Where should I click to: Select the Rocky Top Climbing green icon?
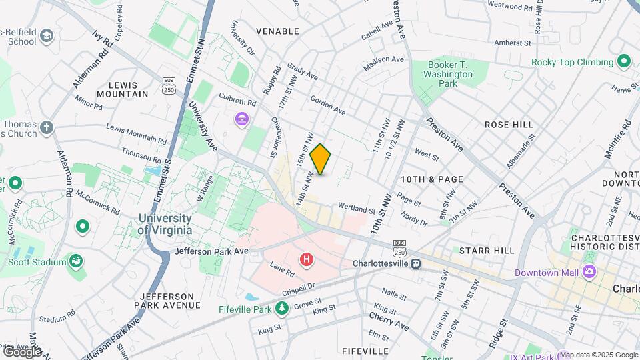pyautogui.click(x=624, y=62)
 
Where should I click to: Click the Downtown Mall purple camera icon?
pyautogui.click(x=589, y=271)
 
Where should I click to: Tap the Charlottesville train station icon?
pyautogui.click(x=415, y=263)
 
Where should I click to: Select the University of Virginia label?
pyautogui.click(x=165, y=224)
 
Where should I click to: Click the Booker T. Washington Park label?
pyautogui.click(x=448, y=75)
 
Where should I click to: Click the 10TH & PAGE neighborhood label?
pyautogui.click(x=431, y=179)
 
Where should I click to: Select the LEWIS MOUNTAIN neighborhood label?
pyautogui.click(x=123, y=89)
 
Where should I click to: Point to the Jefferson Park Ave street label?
pyautogui.click(x=211, y=251)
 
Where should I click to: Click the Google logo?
pyautogui.click(x=22, y=351)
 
